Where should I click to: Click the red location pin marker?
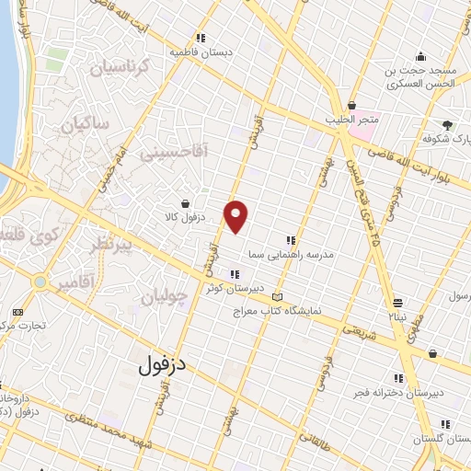coord(236,215)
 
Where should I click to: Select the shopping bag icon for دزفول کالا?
coord(187,203)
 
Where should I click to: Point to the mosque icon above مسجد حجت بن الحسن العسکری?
coord(420,56)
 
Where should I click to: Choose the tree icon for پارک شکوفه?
coord(448,124)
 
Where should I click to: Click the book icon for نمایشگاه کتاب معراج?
coord(278,297)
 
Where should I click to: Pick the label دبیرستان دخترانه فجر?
coord(399,392)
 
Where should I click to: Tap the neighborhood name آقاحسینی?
coord(175,151)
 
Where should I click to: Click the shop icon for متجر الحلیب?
coord(351,105)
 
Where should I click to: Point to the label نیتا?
coord(396,316)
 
